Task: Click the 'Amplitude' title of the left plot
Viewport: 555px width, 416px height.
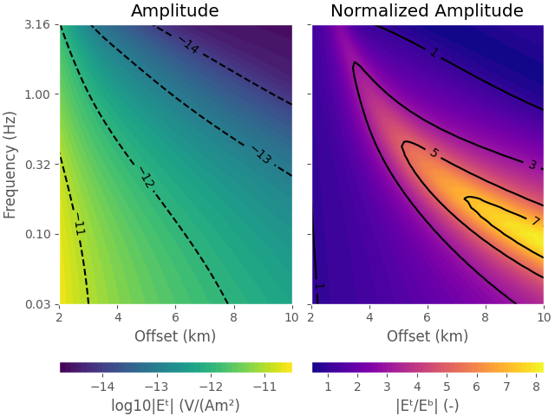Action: coord(175,11)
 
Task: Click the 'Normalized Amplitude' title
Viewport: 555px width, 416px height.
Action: coord(427,11)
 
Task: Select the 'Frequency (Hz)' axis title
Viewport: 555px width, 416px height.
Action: coord(10,165)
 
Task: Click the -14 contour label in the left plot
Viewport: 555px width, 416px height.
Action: coord(191,46)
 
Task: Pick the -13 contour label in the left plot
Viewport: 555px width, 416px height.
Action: coord(263,156)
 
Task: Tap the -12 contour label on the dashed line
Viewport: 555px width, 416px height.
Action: coord(147,180)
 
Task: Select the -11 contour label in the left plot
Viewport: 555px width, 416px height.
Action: coord(79,227)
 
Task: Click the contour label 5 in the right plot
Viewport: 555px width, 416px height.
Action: coord(434,153)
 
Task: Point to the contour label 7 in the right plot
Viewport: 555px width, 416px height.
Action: coord(535,221)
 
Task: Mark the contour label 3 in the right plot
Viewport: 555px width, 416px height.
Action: coord(532,165)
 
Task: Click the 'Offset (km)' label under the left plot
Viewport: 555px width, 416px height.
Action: coord(175,336)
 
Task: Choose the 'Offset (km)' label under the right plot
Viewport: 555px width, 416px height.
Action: coord(427,336)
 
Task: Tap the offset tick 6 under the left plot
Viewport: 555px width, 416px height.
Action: coord(175,318)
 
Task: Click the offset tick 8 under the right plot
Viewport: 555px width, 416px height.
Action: coord(485,318)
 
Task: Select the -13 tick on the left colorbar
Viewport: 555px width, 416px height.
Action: coord(156,386)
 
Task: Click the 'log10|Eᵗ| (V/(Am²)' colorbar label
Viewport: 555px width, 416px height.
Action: coord(175,405)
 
